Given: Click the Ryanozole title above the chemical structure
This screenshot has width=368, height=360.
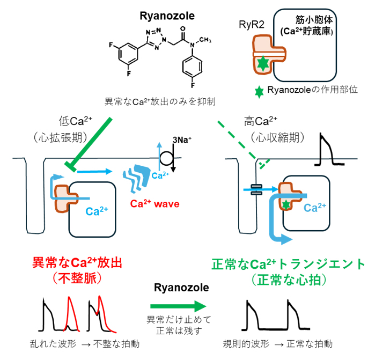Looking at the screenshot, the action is coord(167,16).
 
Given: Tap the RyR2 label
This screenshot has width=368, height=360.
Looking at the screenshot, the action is coord(252,24).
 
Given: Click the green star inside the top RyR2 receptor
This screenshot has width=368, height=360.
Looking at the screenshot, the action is coord(263,63).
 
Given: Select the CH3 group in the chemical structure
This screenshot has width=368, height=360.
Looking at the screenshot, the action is coord(205,40).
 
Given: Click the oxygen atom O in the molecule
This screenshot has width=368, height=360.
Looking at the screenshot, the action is coord(182,28).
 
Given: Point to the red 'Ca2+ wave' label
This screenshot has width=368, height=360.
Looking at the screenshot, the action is coord(154,204).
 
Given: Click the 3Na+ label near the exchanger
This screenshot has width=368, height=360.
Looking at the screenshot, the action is coord(182,140).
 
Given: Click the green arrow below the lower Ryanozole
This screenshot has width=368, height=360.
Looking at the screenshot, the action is coord(178,306).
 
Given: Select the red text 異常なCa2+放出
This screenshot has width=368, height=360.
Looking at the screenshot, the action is coord(77,262).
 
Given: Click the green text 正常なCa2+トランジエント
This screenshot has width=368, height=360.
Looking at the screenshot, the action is coord(288,264).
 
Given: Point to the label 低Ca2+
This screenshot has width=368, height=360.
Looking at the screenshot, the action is coord(76,121).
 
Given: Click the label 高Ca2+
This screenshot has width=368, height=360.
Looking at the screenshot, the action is coord(261,121).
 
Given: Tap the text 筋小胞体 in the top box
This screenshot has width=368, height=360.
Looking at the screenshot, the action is coord(314,20).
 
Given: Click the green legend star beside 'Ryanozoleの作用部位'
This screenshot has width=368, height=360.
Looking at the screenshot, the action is coord(259,92).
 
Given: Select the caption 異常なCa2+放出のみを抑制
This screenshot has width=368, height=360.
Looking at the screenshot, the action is coord(160,101).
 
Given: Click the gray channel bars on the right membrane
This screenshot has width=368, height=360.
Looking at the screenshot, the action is coord(256,189).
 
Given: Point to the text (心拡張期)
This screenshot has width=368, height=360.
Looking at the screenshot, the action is coord(61,137).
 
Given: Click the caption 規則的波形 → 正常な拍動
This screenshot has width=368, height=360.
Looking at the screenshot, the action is coord(278,344).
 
